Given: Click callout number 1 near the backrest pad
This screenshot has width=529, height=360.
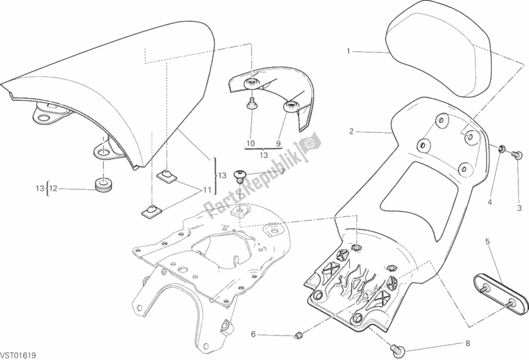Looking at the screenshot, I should [x=348, y=50].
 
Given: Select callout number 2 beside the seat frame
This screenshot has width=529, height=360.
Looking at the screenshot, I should [x=352, y=132].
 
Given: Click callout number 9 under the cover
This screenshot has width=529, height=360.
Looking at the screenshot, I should [x=279, y=143].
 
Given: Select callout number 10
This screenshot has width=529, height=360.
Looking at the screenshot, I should [x=250, y=143].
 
